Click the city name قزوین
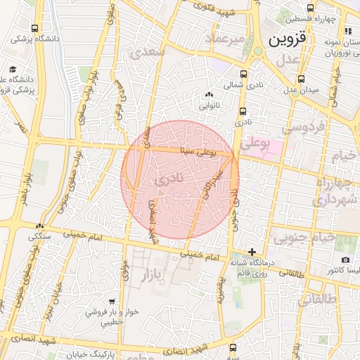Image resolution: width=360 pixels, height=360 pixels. click(288, 39)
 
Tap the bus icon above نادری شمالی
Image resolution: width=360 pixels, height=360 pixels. click(243, 75)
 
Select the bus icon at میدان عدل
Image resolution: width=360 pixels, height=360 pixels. click(302, 79)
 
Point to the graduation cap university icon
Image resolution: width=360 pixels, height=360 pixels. click(13, 69)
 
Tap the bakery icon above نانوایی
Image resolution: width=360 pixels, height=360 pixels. click(208, 95)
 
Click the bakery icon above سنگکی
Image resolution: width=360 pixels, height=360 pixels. click(40, 226)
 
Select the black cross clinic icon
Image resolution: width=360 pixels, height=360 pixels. click(252, 251)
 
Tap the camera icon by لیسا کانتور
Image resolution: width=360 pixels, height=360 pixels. click(326, 271)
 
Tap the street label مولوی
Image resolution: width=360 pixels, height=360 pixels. click(125, 269)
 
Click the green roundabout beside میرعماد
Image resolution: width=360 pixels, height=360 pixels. click(258, 51)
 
